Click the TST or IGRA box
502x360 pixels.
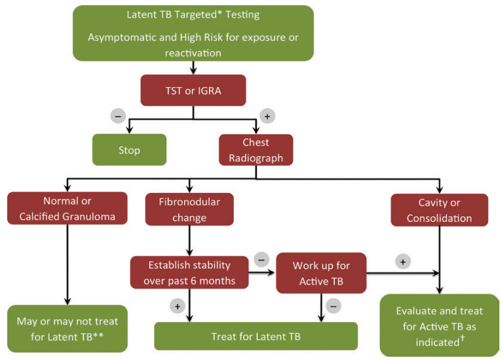pos(193,90)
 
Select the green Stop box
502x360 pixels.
pos(129,150)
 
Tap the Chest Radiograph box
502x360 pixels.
pos(256,150)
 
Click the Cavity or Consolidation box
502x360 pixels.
pos(439,210)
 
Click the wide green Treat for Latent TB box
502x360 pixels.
pos(256,336)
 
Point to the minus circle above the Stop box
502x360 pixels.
pos(118,116)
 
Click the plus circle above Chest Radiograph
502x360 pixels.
pos(267,116)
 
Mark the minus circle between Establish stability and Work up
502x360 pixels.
pos(261,259)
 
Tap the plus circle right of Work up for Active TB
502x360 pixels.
pos(404,260)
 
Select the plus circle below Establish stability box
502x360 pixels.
pos(176,306)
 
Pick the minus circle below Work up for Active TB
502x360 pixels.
pos(334,306)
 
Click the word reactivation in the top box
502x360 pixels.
pos(193,52)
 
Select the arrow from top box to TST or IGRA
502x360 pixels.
pos(193,68)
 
